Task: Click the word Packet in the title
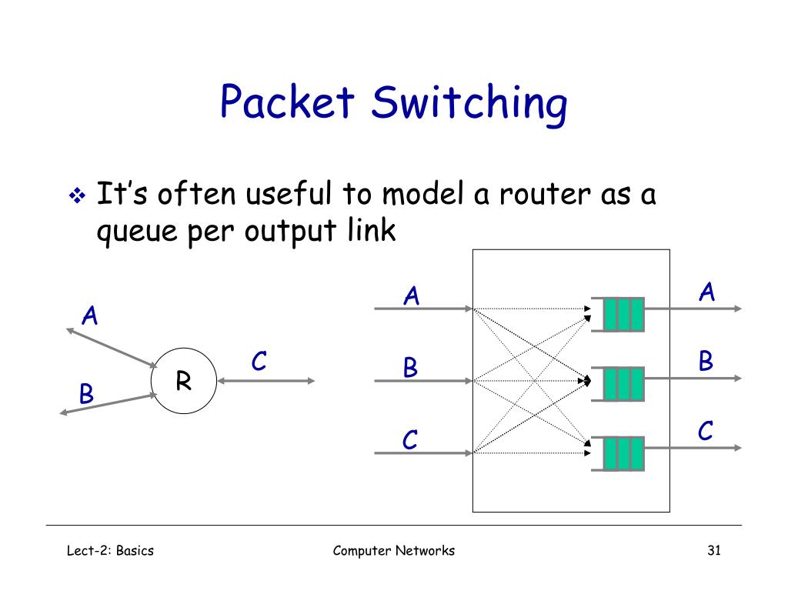287,102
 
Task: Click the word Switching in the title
469,105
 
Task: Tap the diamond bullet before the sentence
77,195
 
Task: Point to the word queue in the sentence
137,232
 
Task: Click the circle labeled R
184,380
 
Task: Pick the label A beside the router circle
90,316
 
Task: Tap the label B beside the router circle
86,393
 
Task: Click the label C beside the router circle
259,361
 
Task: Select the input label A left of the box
412,295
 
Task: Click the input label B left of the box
411,367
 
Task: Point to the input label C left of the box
410,439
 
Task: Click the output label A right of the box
707,292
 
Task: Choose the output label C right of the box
706,431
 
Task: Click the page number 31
714,550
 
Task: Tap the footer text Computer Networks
393,551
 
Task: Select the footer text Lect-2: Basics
110,550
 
